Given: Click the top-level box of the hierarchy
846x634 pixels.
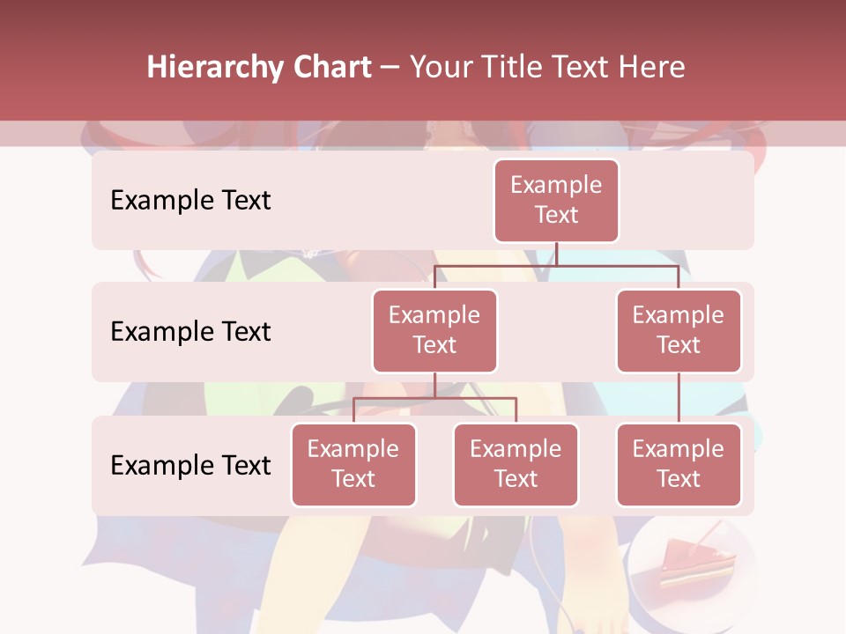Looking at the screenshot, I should [x=556, y=200].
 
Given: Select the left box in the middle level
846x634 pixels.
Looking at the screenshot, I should [x=434, y=330].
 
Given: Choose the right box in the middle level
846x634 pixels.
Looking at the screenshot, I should [x=679, y=330].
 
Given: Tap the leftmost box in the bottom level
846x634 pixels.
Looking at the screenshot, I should [x=353, y=464].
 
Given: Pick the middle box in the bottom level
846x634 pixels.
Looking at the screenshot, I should [x=516, y=464].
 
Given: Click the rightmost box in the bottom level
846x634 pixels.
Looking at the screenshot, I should [x=679, y=464].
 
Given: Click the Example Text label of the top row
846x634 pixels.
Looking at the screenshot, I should [x=190, y=201].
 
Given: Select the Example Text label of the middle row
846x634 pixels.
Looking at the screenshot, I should [x=190, y=332].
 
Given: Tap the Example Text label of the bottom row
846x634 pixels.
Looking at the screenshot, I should [x=190, y=465].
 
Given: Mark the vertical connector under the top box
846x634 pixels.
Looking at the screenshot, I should [x=556, y=254].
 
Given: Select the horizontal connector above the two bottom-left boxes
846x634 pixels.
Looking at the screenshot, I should [x=434, y=398].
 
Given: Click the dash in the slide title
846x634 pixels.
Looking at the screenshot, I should [x=390, y=69].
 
